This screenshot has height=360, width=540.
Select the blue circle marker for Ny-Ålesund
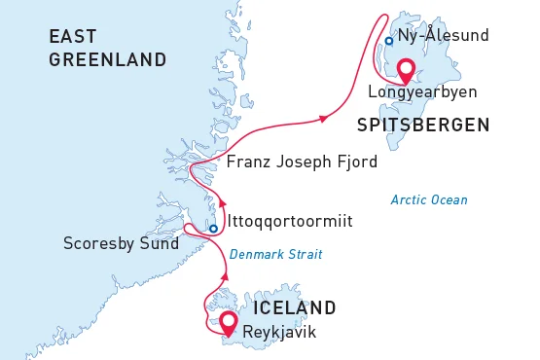(388, 41)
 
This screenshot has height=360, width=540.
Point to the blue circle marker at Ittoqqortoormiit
(213, 230)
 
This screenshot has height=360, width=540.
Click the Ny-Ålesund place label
(442, 37)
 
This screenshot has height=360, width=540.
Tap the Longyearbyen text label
(422, 94)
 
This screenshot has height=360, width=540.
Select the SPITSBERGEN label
(422, 125)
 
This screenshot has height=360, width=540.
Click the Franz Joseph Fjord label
(302, 162)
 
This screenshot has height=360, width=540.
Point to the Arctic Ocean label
(429, 199)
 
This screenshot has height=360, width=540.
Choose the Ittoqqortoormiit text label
(289, 222)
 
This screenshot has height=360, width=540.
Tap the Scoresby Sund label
(121, 243)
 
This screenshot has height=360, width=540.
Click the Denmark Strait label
(275, 255)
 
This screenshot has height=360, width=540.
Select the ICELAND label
(294, 307)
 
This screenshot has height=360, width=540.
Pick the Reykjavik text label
(280, 333)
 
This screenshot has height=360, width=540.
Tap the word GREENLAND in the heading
(108, 60)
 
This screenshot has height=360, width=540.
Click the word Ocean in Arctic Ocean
(449, 199)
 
